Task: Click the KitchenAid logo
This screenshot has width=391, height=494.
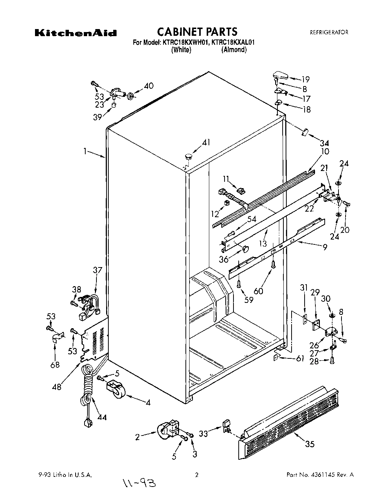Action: pos(76,33)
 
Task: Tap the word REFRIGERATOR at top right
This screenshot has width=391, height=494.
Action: pos(329,32)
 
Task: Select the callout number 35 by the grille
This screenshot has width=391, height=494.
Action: pos(310,444)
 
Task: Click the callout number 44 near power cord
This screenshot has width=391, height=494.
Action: pos(102,417)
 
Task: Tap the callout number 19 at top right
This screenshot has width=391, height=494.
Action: pos(306,79)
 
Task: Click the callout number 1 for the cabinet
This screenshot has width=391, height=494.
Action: pos(85,151)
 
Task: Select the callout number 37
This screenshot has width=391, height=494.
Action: pos(97,270)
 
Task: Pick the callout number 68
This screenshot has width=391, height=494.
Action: pos(55,365)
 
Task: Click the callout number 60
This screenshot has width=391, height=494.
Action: pos(258,290)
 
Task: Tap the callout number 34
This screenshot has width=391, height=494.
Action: pos(324,143)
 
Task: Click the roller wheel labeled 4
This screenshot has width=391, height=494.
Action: pos(116,389)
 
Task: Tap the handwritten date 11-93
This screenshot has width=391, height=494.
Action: pos(137,483)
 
